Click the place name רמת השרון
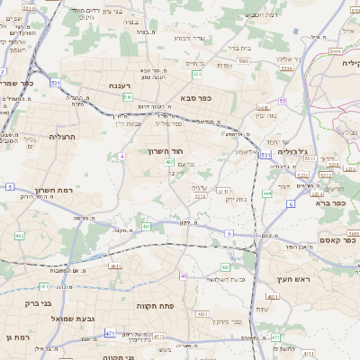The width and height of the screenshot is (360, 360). tap(51, 190)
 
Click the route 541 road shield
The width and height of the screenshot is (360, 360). tap(128, 96)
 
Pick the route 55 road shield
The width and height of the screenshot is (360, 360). tap(282, 101)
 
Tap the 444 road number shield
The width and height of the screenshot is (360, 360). tap(267, 193)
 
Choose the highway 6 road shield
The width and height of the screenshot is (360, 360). tap(291, 203)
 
